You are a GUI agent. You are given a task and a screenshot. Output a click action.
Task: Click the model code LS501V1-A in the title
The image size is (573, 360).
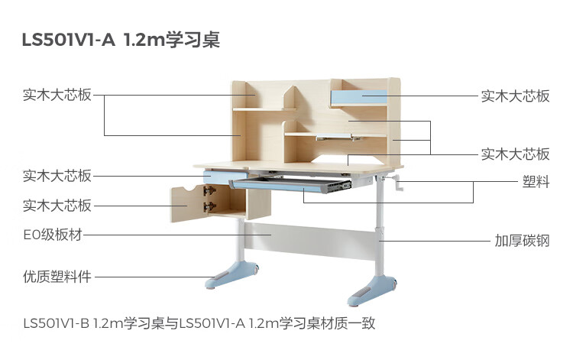(69, 40)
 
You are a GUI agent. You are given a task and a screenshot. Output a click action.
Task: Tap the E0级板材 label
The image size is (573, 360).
(52, 235)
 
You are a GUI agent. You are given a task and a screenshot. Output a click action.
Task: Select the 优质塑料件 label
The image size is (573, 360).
(57, 277)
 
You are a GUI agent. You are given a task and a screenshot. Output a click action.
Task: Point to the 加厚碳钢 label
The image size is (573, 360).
(522, 241)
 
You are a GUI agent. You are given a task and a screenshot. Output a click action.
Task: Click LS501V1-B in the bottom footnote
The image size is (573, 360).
(57, 323)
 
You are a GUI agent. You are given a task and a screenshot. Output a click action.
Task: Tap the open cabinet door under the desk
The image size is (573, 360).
(189, 203)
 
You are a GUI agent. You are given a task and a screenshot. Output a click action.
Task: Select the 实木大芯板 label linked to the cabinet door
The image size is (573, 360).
(57, 205)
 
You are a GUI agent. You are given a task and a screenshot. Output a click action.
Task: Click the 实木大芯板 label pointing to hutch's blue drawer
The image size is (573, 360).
(515, 96)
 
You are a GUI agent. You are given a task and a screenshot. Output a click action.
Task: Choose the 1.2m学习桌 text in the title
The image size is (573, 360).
(172, 40)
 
